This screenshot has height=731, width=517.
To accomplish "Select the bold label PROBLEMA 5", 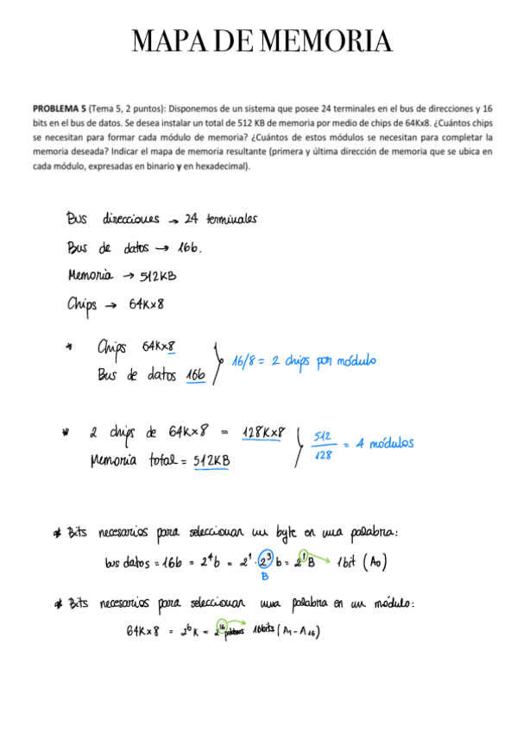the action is click(x=59, y=109).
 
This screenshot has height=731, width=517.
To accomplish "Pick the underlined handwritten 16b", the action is click(x=196, y=376).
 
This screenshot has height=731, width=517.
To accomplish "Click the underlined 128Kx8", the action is click(x=264, y=432).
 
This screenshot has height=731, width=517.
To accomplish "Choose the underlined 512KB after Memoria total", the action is click(x=211, y=462).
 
